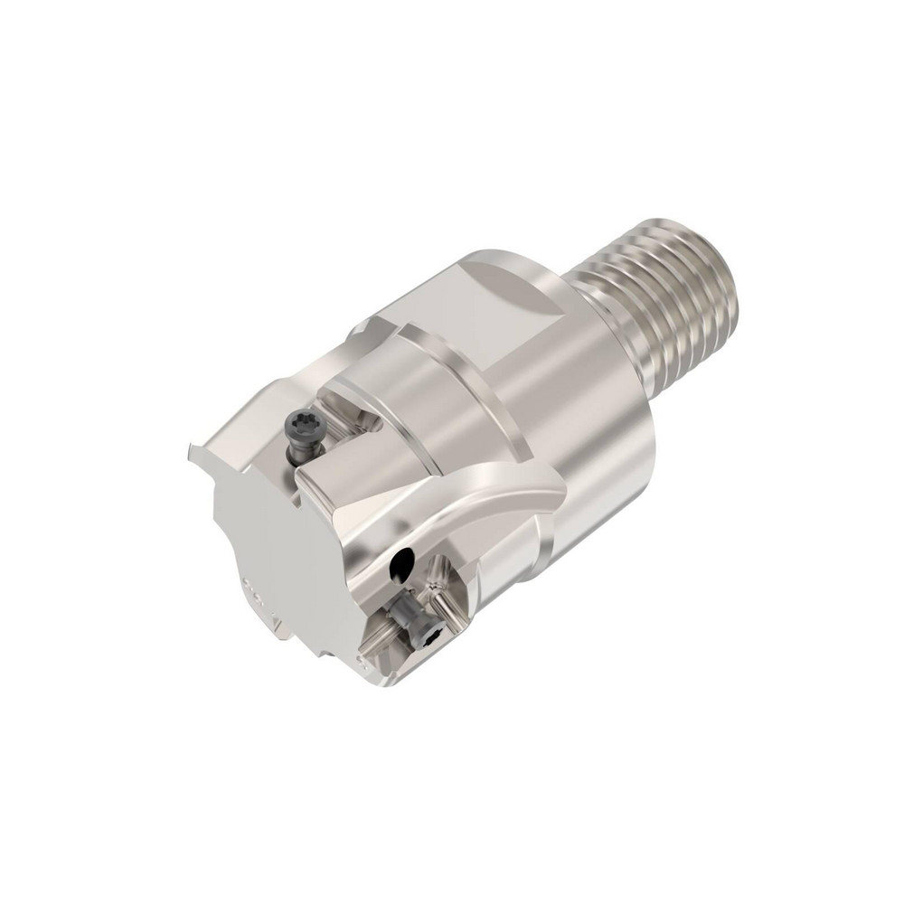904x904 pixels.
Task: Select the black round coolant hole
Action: click(x=398, y=568)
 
